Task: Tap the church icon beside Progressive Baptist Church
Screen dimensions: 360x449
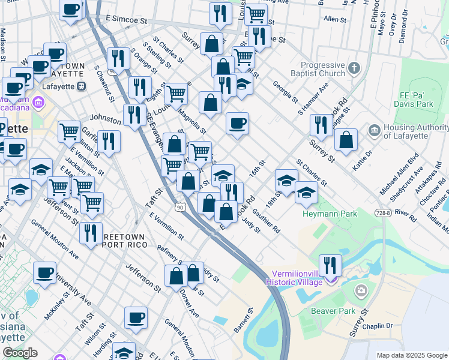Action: point(355,67)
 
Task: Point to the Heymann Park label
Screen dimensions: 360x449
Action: point(330,214)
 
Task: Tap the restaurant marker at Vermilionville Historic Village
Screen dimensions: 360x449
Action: point(330,264)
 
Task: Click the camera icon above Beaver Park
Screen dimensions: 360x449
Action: point(361,292)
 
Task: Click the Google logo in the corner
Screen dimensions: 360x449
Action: point(20,352)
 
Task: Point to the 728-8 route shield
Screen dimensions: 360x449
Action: point(384,213)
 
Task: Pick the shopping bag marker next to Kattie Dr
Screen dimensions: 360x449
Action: point(346,140)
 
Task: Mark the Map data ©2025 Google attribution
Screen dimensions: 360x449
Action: point(411,355)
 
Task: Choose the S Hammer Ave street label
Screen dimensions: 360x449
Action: point(313,99)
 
